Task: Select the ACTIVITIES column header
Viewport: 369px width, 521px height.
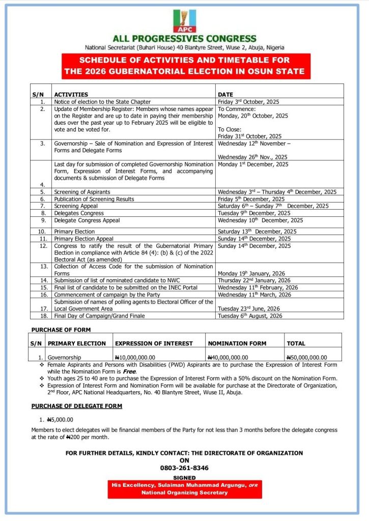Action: point(71,95)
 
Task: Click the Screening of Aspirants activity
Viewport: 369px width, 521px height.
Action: point(82,192)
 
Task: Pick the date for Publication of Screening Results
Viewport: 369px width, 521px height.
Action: point(251,199)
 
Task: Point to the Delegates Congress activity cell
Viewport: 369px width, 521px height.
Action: point(79,213)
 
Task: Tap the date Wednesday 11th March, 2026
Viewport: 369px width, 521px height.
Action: point(254,295)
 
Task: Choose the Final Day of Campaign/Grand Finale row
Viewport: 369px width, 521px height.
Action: point(99,316)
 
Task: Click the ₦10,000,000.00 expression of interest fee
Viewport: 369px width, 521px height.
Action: point(135,357)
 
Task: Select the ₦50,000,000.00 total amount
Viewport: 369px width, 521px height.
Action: point(307,357)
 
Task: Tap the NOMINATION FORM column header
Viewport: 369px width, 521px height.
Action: point(237,343)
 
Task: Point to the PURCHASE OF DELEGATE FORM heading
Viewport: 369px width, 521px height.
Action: point(77,406)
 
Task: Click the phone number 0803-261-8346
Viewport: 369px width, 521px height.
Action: point(184,468)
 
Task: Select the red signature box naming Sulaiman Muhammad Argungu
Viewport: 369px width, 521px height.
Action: point(184,489)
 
